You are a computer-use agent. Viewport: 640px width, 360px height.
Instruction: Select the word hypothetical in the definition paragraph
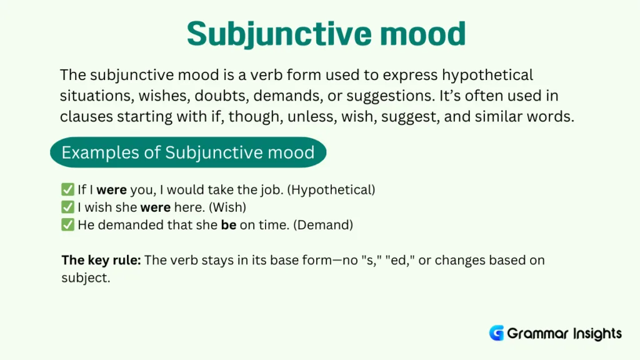pyautogui.click(x=487, y=76)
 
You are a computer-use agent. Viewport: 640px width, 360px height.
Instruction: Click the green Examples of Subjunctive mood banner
pyautogui.click(x=188, y=152)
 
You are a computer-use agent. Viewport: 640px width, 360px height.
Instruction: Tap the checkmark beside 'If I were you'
pyautogui.click(x=67, y=189)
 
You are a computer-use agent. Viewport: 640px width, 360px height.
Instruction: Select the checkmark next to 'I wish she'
pyautogui.click(x=67, y=207)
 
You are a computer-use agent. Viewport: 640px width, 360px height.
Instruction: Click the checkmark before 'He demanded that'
pyautogui.click(x=67, y=225)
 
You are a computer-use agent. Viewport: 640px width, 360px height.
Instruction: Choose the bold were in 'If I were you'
pyautogui.click(x=111, y=189)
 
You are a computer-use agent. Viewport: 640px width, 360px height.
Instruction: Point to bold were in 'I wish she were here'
pyautogui.click(x=155, y=207)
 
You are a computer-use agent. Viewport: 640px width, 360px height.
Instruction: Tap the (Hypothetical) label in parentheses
pyautogui.click(x=331, y=189)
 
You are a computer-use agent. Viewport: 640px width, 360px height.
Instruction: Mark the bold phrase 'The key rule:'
pyautogui.click(x=101, y=260)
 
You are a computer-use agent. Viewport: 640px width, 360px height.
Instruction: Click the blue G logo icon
pyautogui.click(x=496, y=333)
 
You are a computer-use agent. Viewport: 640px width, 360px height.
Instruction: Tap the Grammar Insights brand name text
pyautogui.click(x=564, y=333)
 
